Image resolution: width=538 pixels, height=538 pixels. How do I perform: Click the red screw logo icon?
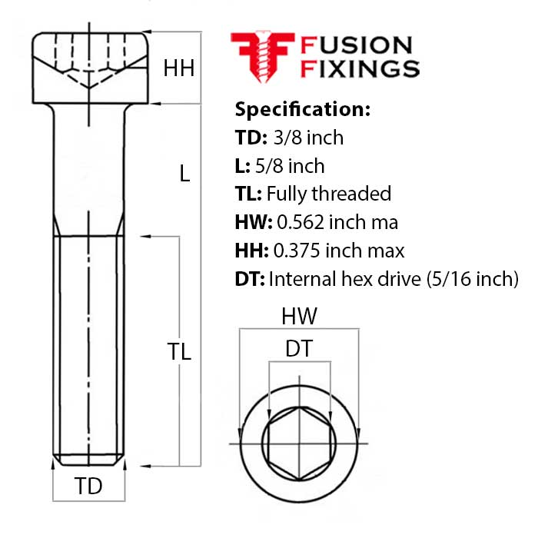pyautogui.click(x=262, y=56)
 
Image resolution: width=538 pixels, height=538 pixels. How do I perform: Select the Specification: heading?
pyautogui.click(x=303, y=108)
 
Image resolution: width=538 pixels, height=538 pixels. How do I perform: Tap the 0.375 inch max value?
pyautogui.click(x=340, y=251)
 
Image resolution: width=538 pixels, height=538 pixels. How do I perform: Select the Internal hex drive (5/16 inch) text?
pyautogui.click(x=394, y=279)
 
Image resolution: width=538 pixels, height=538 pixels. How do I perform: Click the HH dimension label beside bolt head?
pyautogui.click(x=178, y=69)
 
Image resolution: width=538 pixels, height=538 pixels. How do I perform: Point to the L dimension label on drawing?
pyautogui.click(x=184, y=174)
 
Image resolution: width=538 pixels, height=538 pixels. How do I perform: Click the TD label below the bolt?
pyautogui.click(x=88, y=487)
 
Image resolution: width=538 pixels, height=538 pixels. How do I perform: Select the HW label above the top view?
pyautogui.click(x=299, y=317)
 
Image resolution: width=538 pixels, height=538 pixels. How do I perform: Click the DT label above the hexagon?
pyautogui.click(x=299, y=349)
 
